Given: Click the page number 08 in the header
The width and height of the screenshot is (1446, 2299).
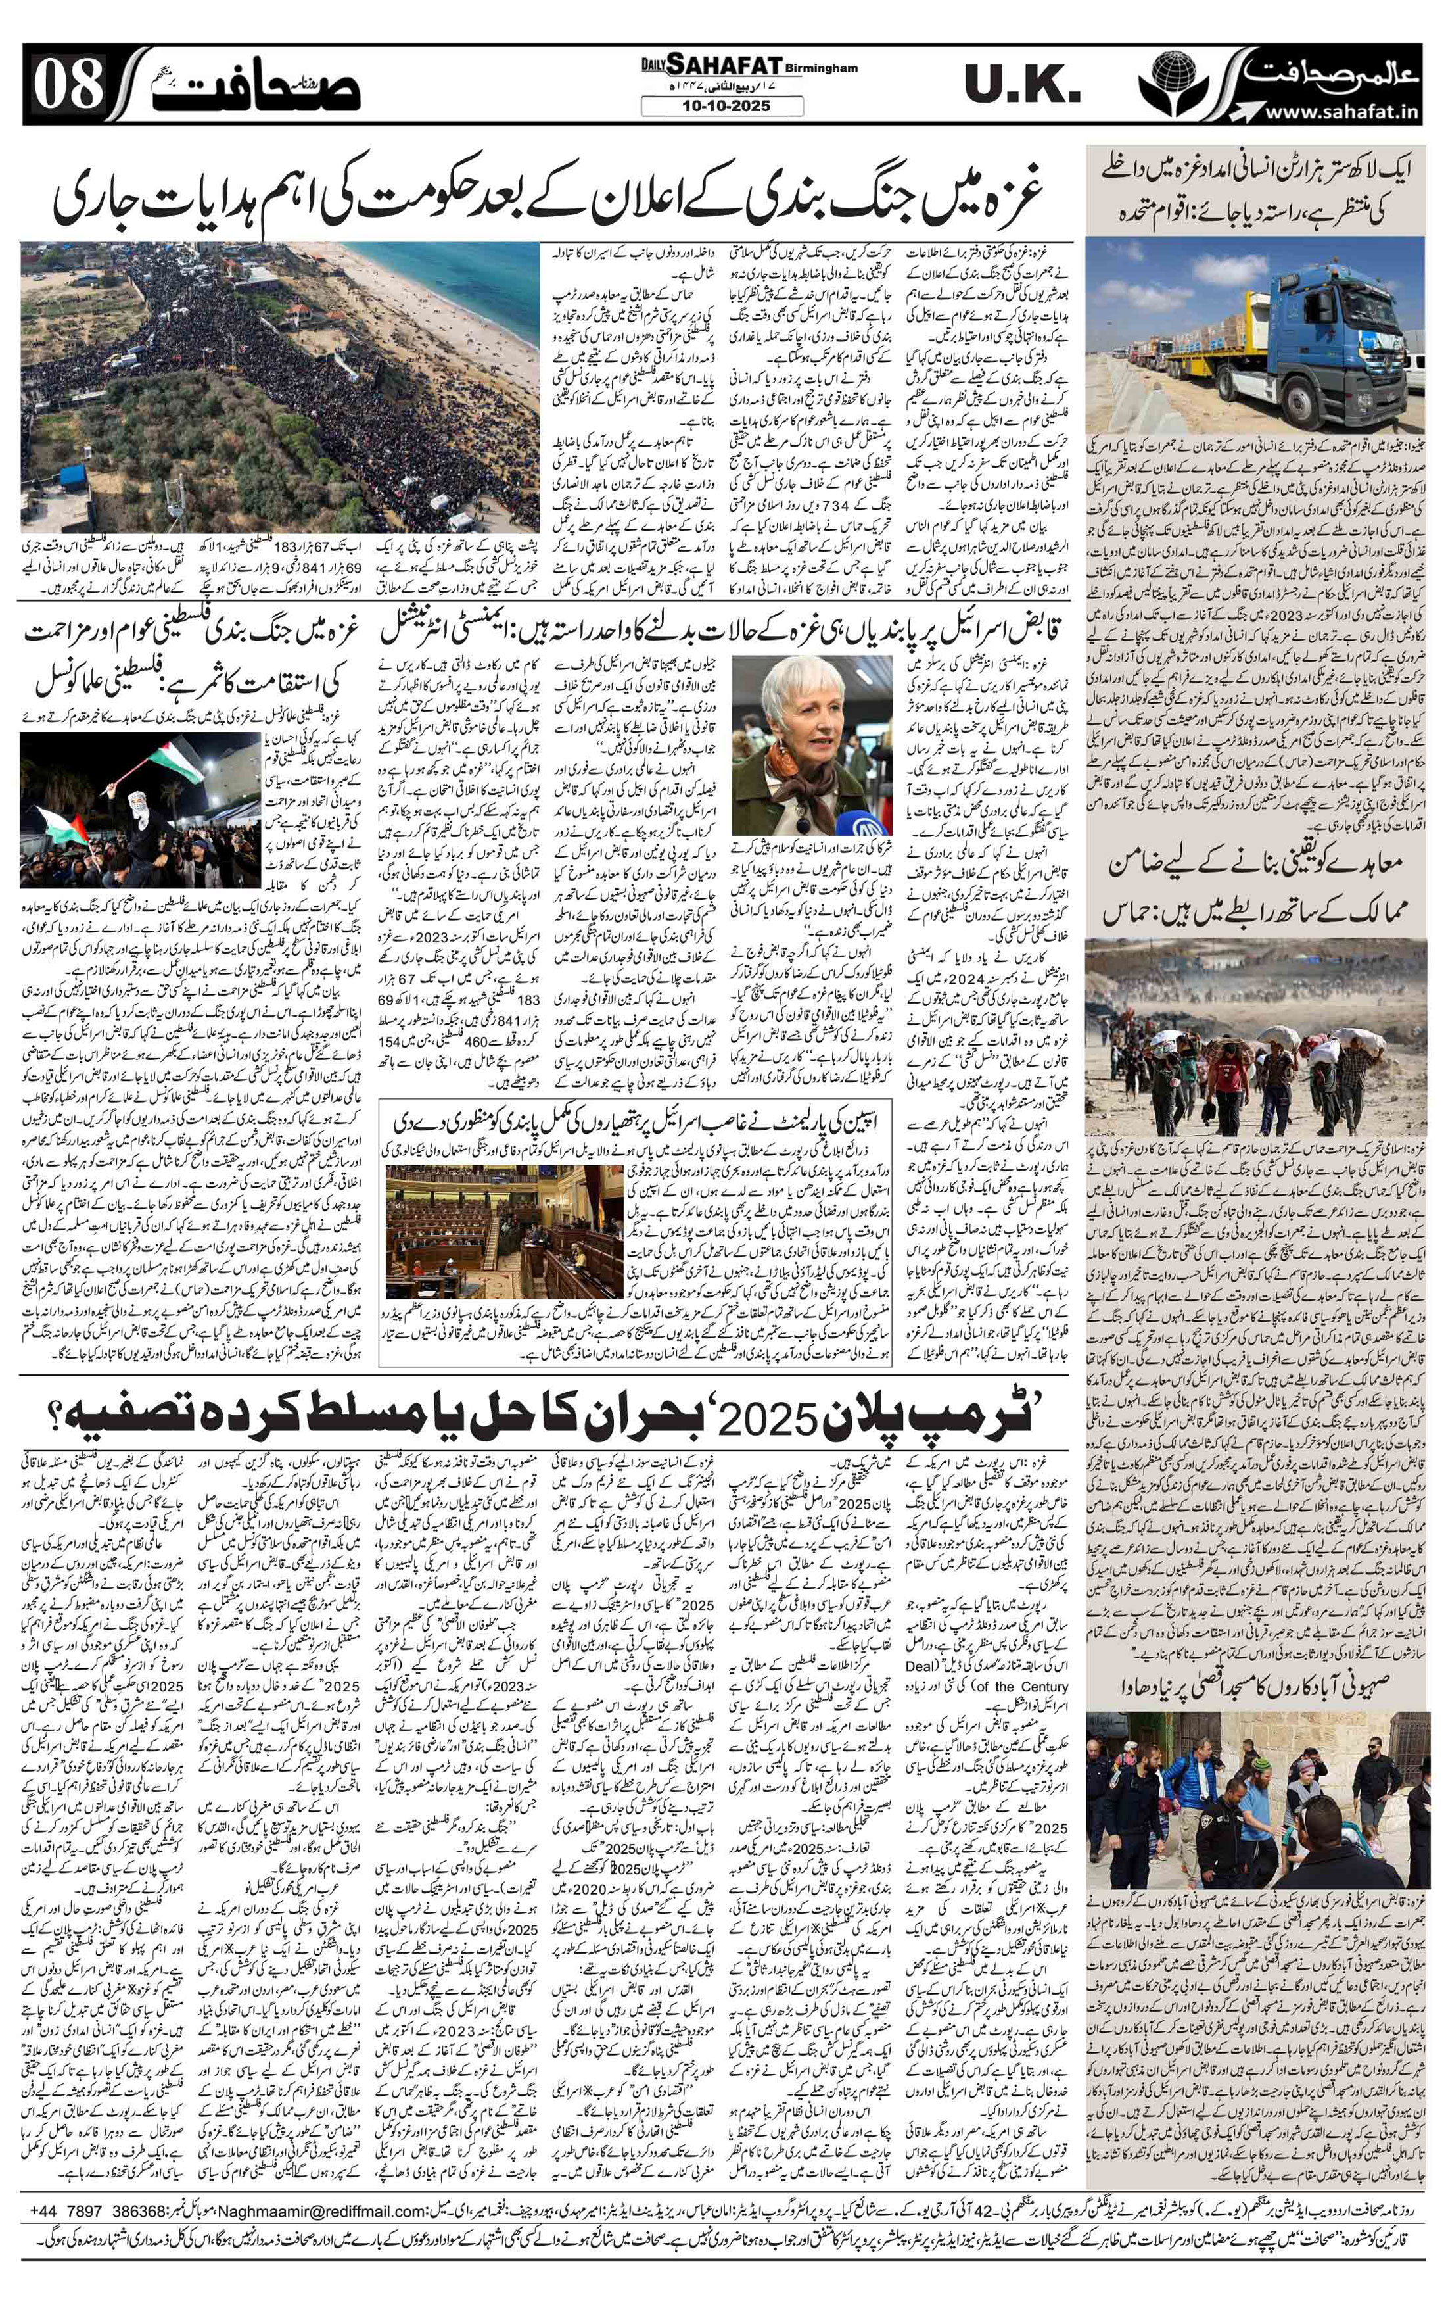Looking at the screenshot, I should point(69,87).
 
